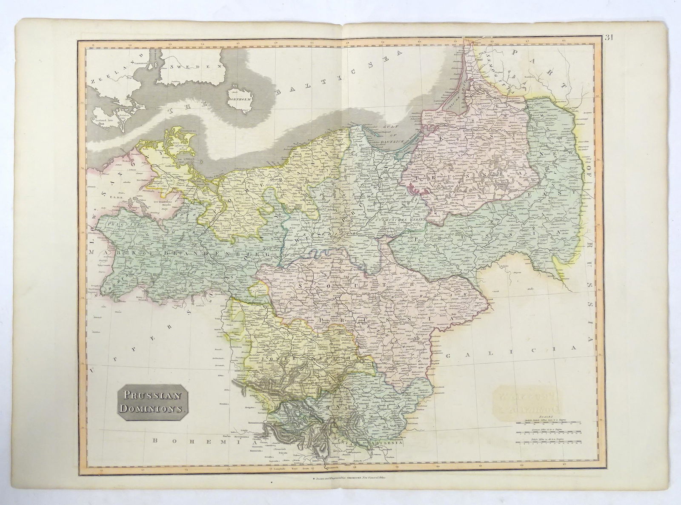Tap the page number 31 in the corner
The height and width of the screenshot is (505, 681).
point(608,37)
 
